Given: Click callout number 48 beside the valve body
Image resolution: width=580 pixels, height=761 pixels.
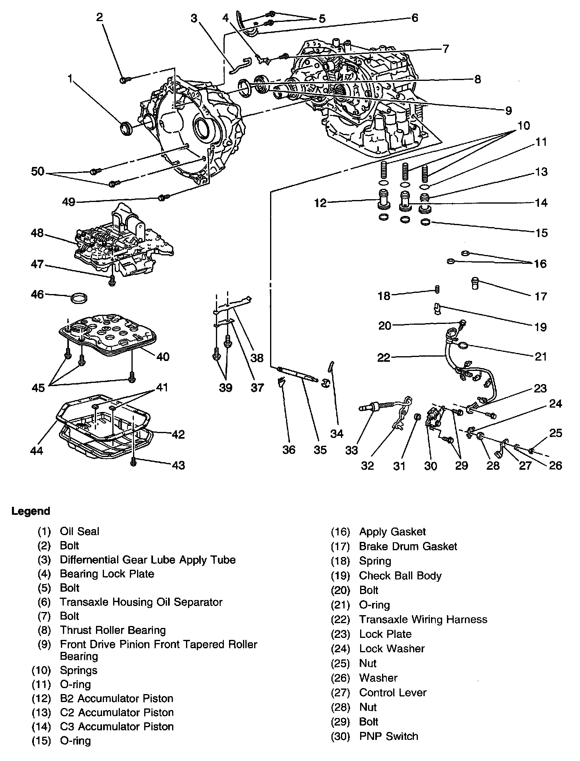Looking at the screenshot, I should [37, 233].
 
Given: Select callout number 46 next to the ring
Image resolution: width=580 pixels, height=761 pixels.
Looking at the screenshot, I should [37, 294].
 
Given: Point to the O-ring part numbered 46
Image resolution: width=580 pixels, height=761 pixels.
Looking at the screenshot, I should [79, 298].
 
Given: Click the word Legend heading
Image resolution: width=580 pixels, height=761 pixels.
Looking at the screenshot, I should [31, 511].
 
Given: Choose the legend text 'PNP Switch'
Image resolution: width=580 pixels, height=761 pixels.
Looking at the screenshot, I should [388, 736].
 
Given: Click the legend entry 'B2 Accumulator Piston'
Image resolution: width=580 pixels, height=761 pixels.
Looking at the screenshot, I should [117, 698].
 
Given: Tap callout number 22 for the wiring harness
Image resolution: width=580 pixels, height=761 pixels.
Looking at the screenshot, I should [384, 357].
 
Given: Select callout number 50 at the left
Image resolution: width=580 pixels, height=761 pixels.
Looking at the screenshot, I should [38, 172].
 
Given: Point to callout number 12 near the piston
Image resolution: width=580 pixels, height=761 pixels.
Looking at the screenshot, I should [320, 203].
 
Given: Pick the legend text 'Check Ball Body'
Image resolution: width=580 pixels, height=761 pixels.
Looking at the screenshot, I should [400, 576].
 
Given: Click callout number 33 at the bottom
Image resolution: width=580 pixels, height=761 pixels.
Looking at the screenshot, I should [352, 450].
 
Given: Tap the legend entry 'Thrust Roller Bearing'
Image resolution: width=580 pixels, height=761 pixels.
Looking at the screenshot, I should [113, 630].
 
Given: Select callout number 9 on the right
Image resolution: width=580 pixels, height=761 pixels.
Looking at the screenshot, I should [508, 110].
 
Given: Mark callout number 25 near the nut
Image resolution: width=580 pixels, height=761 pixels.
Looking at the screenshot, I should [556, 433].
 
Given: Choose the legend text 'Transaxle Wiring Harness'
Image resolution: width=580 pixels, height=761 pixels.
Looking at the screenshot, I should [423, 620].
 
